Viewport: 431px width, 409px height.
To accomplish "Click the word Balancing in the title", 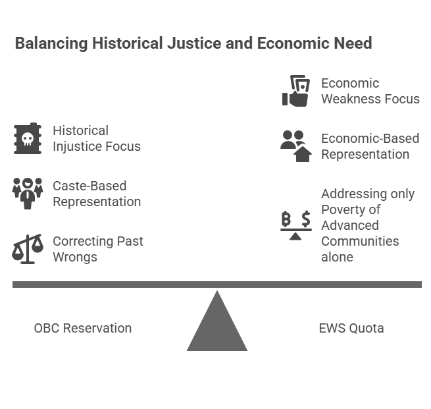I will click(x=51, y=43).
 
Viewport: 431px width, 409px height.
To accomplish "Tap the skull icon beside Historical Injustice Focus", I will click(x=28, y=138).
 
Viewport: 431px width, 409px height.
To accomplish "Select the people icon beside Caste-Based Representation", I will click(x=28, y=193).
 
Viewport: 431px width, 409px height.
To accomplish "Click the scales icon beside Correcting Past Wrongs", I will click(x=28, y=248).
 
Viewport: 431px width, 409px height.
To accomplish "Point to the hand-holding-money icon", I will click(x=296, y=91).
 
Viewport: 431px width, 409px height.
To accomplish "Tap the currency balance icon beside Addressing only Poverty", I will click(x=296, y=225).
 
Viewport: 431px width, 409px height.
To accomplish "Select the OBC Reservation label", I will click(x=83, y=328).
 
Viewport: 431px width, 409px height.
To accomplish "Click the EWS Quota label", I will click(x=351, y=328).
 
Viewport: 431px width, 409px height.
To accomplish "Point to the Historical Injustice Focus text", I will click(x=97, y=138).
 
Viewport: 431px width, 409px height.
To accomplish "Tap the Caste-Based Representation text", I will click(x=97, y=194).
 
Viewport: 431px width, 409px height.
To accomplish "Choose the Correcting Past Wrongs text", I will click(x=97, y=249).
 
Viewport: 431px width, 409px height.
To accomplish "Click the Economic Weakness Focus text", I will click(x=370, y=91).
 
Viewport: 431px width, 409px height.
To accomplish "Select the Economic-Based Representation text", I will click(x=370, y=146).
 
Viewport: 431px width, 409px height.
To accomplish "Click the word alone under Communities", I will click(x=337, y=257).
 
